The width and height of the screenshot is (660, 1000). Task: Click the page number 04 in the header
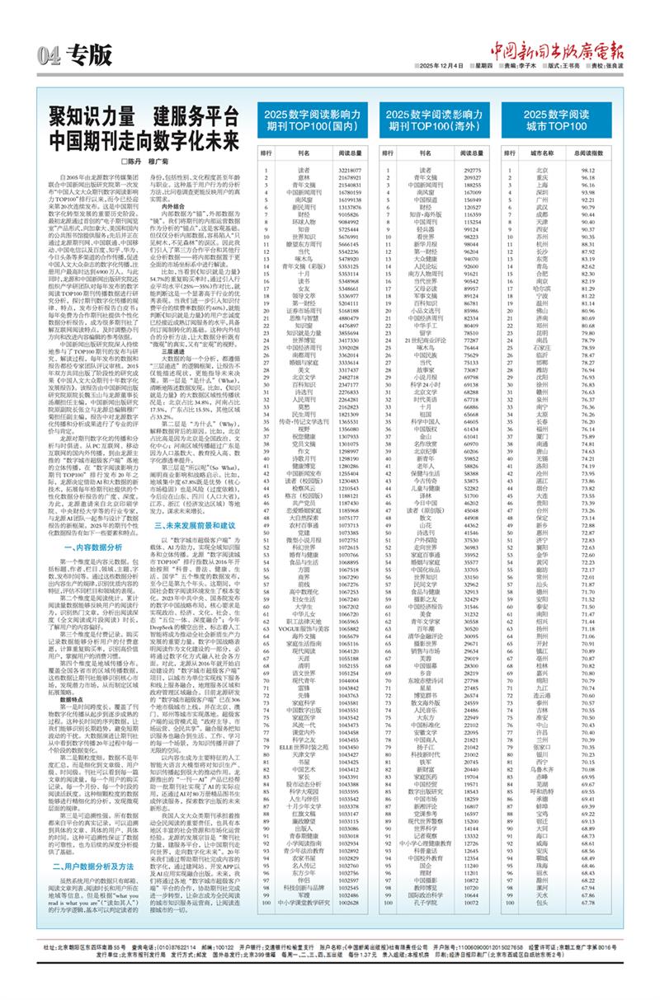[48, 55]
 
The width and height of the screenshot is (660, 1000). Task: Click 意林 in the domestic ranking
[304, 177]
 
